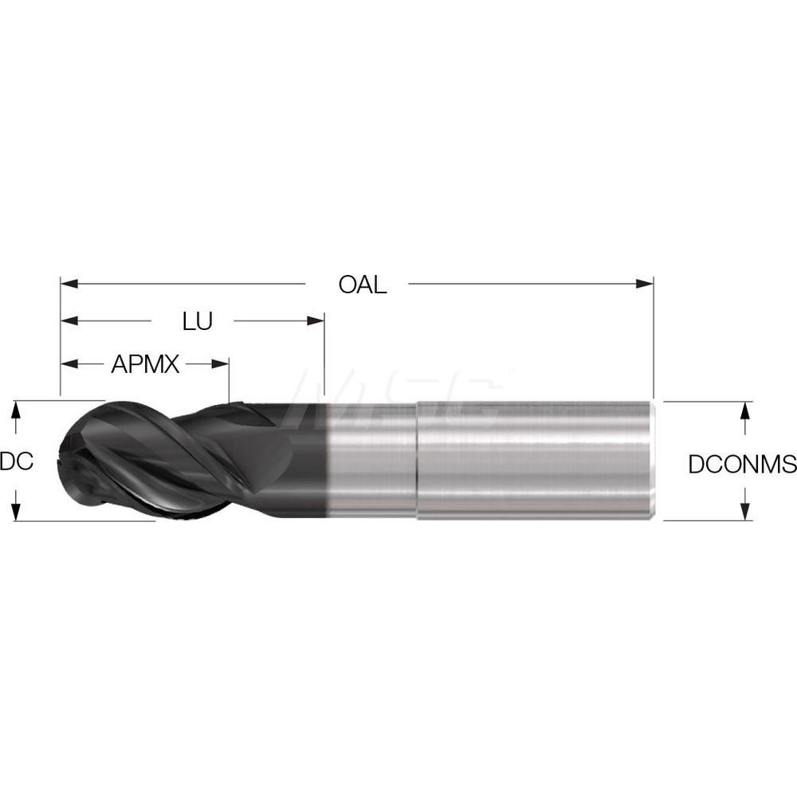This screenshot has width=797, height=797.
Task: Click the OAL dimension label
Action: click(362, 285)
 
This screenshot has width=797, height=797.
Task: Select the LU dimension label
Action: click(197, 322)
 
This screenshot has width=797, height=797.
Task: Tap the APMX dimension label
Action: click(145, 365)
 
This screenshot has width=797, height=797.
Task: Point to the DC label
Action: click(16, 461)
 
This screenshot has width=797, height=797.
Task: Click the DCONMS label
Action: click(742, 464)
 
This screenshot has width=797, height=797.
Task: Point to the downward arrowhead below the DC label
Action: click(15, 512)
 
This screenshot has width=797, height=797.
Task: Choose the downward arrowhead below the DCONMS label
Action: click(744, 512)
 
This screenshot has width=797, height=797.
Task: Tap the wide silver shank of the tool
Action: click(534, 461)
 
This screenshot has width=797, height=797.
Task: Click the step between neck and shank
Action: click(417, 461)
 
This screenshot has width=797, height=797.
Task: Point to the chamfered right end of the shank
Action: click(653, 461)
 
